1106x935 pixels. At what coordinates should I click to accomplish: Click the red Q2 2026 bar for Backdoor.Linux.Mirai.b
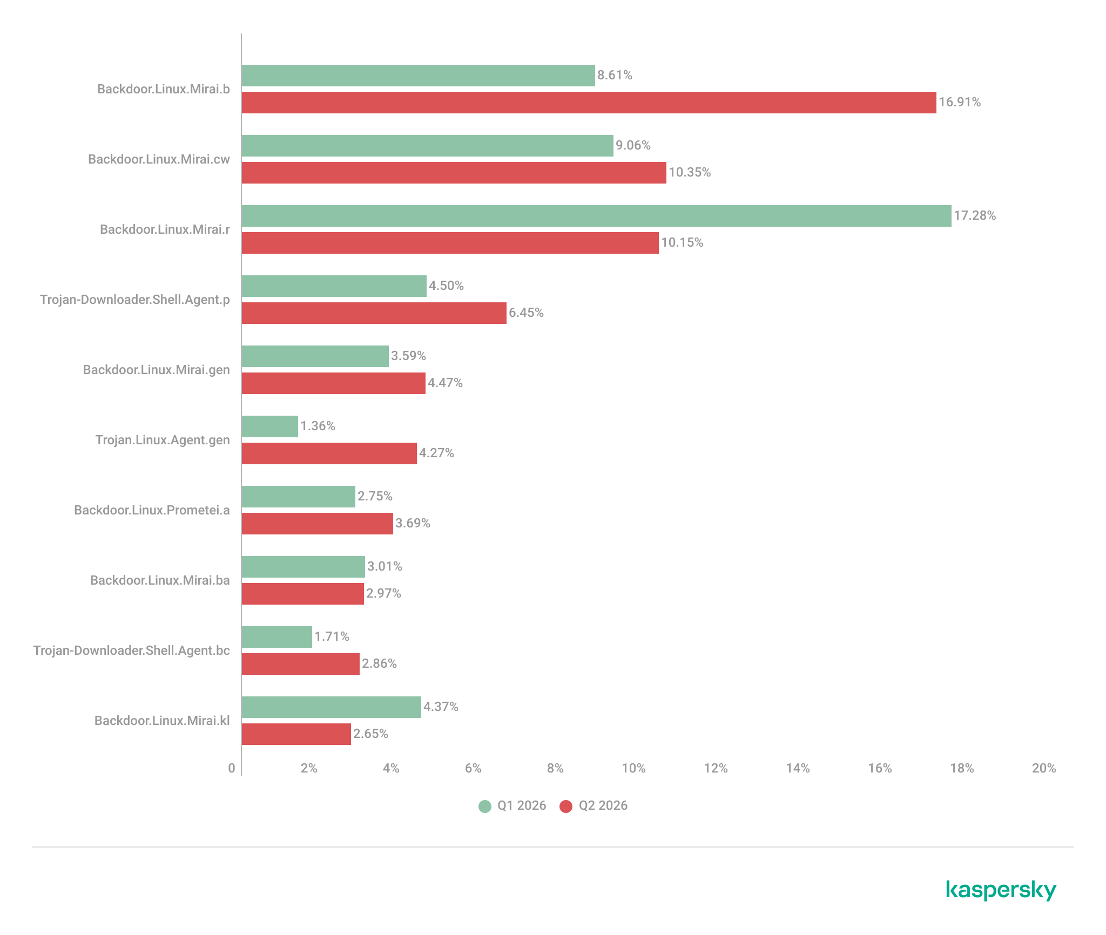point(589,103)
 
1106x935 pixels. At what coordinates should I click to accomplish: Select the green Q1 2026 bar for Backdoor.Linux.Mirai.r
point(596,216)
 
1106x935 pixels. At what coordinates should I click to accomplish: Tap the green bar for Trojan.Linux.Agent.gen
point(269,426)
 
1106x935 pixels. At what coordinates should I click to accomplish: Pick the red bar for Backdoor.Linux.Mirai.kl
point(296,734)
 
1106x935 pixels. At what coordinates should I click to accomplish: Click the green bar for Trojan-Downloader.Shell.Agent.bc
point(276,637)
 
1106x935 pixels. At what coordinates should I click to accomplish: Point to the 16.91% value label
point(960,103)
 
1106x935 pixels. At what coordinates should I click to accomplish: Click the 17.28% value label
point(975,216)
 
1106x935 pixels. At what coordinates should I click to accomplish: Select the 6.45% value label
point(526,313)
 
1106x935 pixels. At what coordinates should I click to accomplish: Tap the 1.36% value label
point(318,426)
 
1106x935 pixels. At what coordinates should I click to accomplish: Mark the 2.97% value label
point(383,594)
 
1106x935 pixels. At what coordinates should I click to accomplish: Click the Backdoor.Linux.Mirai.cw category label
point(159,160)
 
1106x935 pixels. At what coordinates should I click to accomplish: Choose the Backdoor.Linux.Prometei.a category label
point(152,511)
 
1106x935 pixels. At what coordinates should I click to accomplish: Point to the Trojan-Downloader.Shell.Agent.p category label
point(135,300)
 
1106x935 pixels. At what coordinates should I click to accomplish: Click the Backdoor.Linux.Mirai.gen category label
point(157,370)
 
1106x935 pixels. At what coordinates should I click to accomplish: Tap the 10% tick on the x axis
point(633,768)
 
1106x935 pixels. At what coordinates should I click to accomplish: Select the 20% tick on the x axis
point(1044,768)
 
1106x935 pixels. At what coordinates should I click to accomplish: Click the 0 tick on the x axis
point(232,768)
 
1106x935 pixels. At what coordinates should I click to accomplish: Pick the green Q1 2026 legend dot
point(485,807)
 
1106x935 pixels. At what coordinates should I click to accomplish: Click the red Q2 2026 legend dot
point(566,807)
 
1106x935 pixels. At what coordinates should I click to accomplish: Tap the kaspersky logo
point(1001,890)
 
